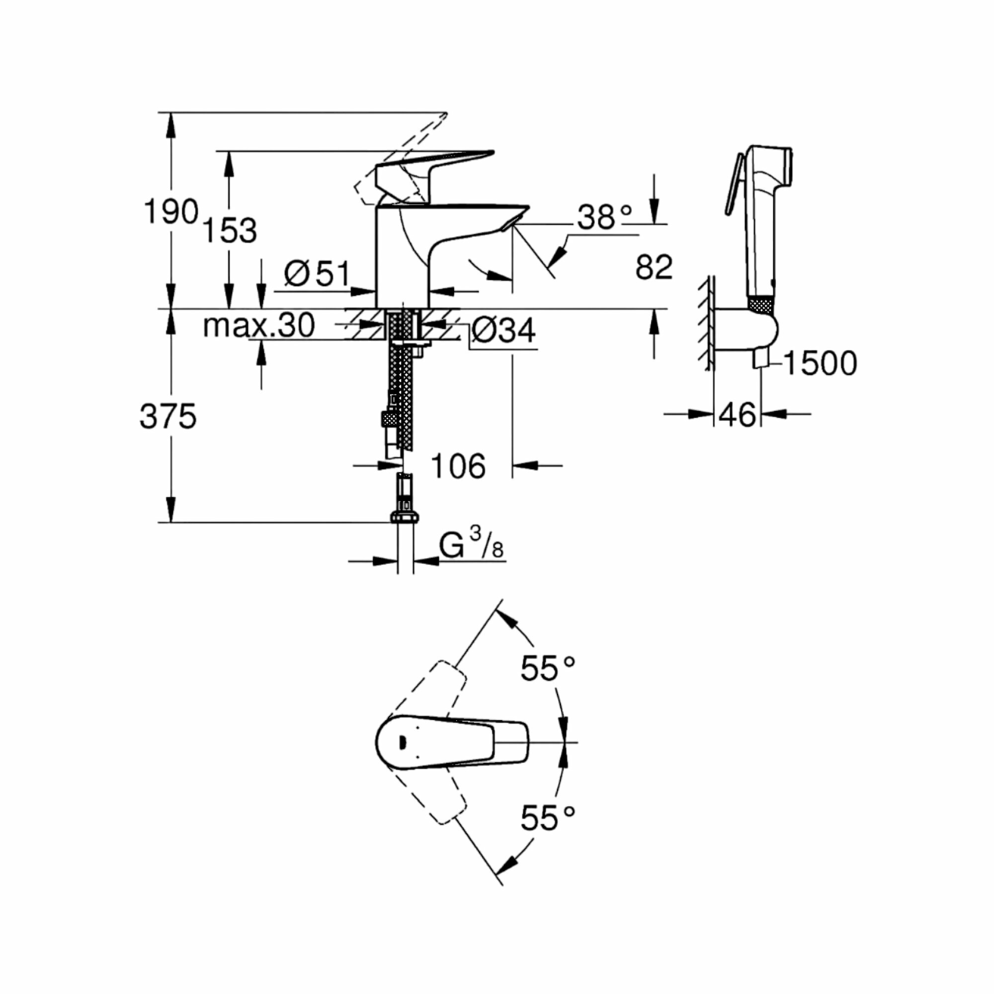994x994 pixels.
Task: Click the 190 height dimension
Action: [170, 211]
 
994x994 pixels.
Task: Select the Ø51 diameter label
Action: [317, 273]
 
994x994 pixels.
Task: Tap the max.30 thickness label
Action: [258, 325]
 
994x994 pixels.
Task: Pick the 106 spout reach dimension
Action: [458, 466]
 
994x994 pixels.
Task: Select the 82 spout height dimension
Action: [654, 267]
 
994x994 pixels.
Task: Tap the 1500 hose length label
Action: [820, 363]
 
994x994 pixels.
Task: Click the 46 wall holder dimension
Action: [737, 414]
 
